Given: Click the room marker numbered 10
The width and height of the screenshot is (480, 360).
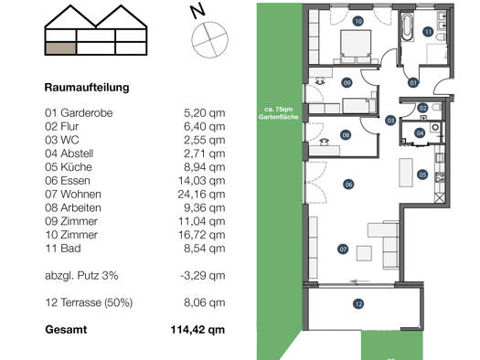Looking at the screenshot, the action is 357,21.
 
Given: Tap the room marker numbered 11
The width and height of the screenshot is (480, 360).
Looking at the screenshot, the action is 428,32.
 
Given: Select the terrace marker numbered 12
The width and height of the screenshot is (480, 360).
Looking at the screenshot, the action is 358,303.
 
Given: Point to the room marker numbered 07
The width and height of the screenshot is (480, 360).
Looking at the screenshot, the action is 343,249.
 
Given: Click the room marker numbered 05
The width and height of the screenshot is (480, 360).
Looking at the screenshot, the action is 422,175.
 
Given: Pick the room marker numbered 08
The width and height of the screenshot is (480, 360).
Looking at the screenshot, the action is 346,135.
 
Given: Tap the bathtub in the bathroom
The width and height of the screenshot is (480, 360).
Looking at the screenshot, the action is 407,26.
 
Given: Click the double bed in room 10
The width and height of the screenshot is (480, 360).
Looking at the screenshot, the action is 356,47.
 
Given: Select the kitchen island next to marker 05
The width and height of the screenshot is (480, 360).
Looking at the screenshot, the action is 406,173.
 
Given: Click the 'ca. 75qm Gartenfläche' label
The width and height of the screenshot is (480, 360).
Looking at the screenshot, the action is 278,113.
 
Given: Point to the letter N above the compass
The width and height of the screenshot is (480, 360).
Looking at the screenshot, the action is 197,11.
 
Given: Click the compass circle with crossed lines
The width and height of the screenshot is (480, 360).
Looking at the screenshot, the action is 209,39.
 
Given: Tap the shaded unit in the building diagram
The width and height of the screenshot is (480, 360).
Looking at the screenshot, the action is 60,48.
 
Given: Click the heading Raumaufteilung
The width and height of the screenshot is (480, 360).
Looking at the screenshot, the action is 87,88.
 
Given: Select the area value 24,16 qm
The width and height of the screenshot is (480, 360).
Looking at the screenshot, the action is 201,195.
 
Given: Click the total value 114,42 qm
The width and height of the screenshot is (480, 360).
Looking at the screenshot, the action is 197,330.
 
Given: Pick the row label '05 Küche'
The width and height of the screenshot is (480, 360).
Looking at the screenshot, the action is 69,167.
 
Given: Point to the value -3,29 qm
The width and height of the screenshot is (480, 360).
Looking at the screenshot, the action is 203,276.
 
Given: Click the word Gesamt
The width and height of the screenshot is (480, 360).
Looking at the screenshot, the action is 66,330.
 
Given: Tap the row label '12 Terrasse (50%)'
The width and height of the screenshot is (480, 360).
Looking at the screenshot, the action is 89,302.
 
